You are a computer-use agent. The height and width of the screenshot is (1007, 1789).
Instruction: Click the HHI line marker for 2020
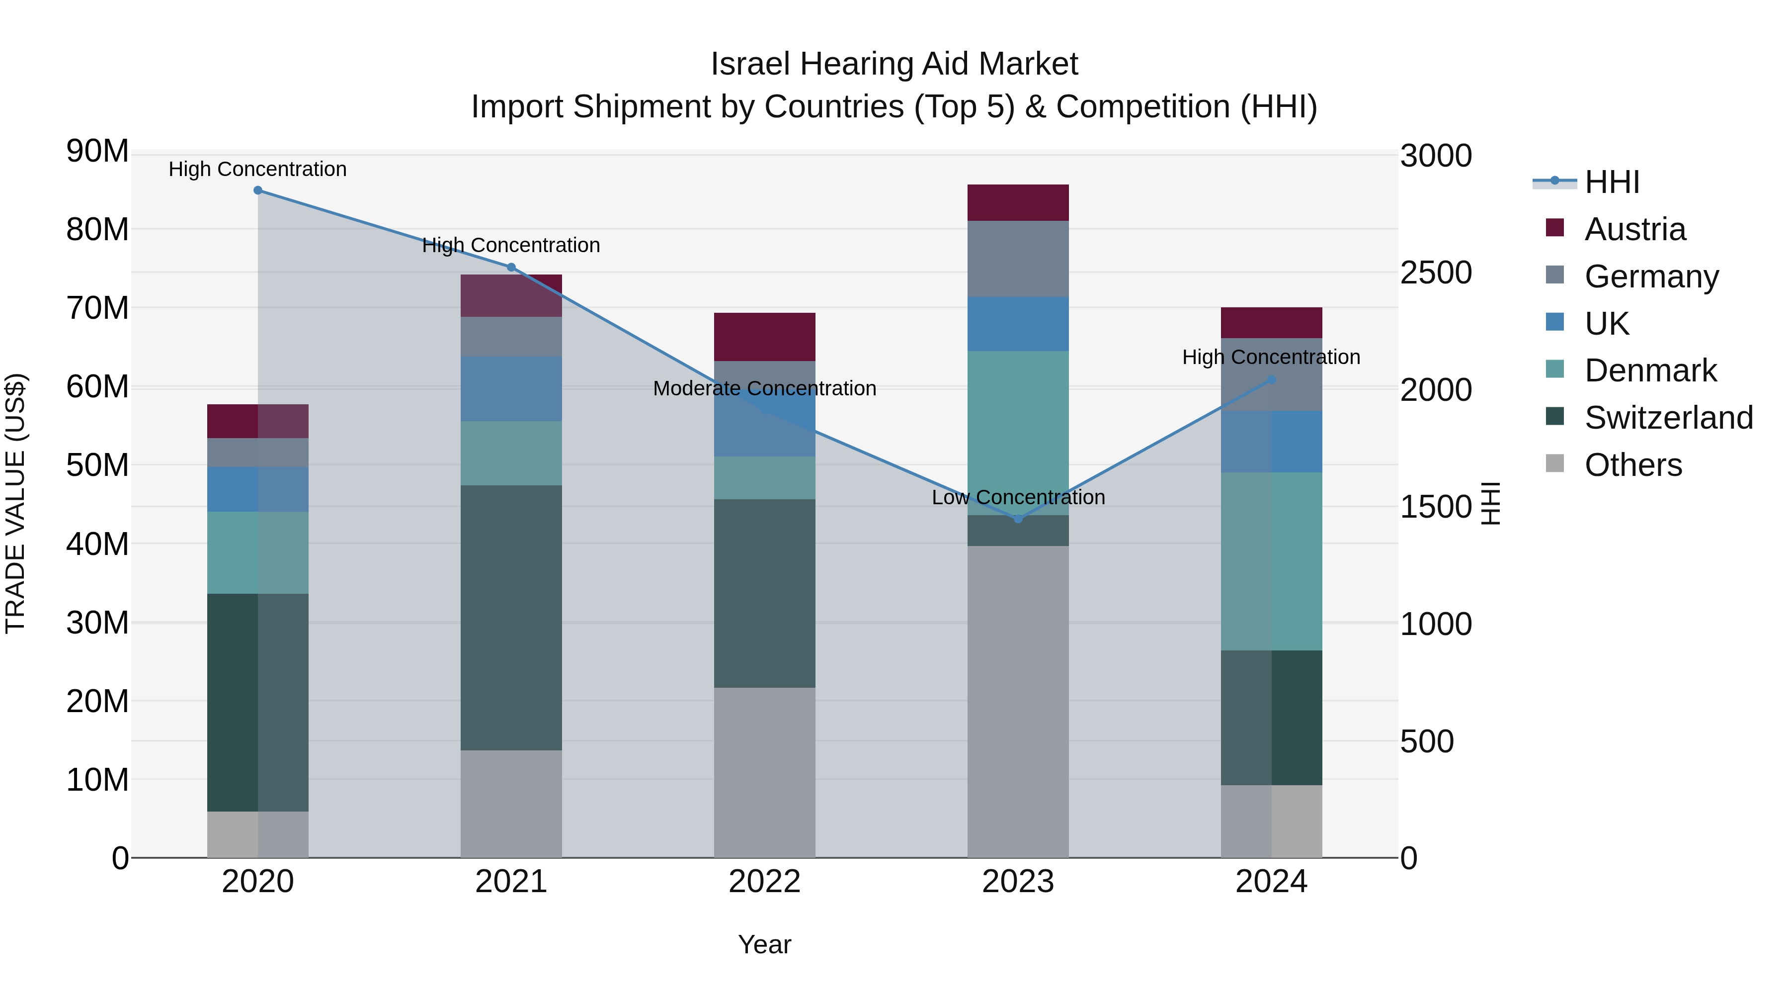(x=257, y=190)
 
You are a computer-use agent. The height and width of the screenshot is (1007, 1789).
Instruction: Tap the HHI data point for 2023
(x=1018, y=519)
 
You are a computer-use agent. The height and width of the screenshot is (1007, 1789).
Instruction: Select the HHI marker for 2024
(x=1272, y=380)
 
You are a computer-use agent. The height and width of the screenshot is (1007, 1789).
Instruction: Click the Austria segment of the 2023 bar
(x=1018, y=203)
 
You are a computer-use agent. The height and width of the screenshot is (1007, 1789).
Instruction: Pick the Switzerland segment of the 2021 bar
(x=511, y=617)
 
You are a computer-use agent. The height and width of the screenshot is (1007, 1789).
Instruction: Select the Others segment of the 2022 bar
(x=765, y=772)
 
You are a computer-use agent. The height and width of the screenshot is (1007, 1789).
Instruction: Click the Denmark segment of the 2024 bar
(x=1272, y=561)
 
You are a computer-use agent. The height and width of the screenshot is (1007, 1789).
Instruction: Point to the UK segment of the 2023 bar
(x=1018, y=324)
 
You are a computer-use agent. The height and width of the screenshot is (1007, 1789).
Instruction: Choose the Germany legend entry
(x=1651, y=276)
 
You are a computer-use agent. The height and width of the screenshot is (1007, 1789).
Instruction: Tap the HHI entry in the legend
(x=1611, y=182)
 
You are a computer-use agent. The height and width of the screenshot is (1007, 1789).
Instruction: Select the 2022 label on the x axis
(x=765, y=882)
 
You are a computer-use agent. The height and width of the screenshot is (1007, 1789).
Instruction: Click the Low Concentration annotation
(x=1018, y=498)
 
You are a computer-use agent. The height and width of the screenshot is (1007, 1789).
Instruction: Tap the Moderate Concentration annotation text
(x=765, y=388)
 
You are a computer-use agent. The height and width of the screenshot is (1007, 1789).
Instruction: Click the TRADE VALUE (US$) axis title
(x=15, y=503)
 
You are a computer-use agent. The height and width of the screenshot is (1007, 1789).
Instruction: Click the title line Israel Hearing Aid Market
(x=894, y=64)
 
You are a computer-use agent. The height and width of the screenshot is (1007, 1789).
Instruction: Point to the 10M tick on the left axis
(x=97, y=780)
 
